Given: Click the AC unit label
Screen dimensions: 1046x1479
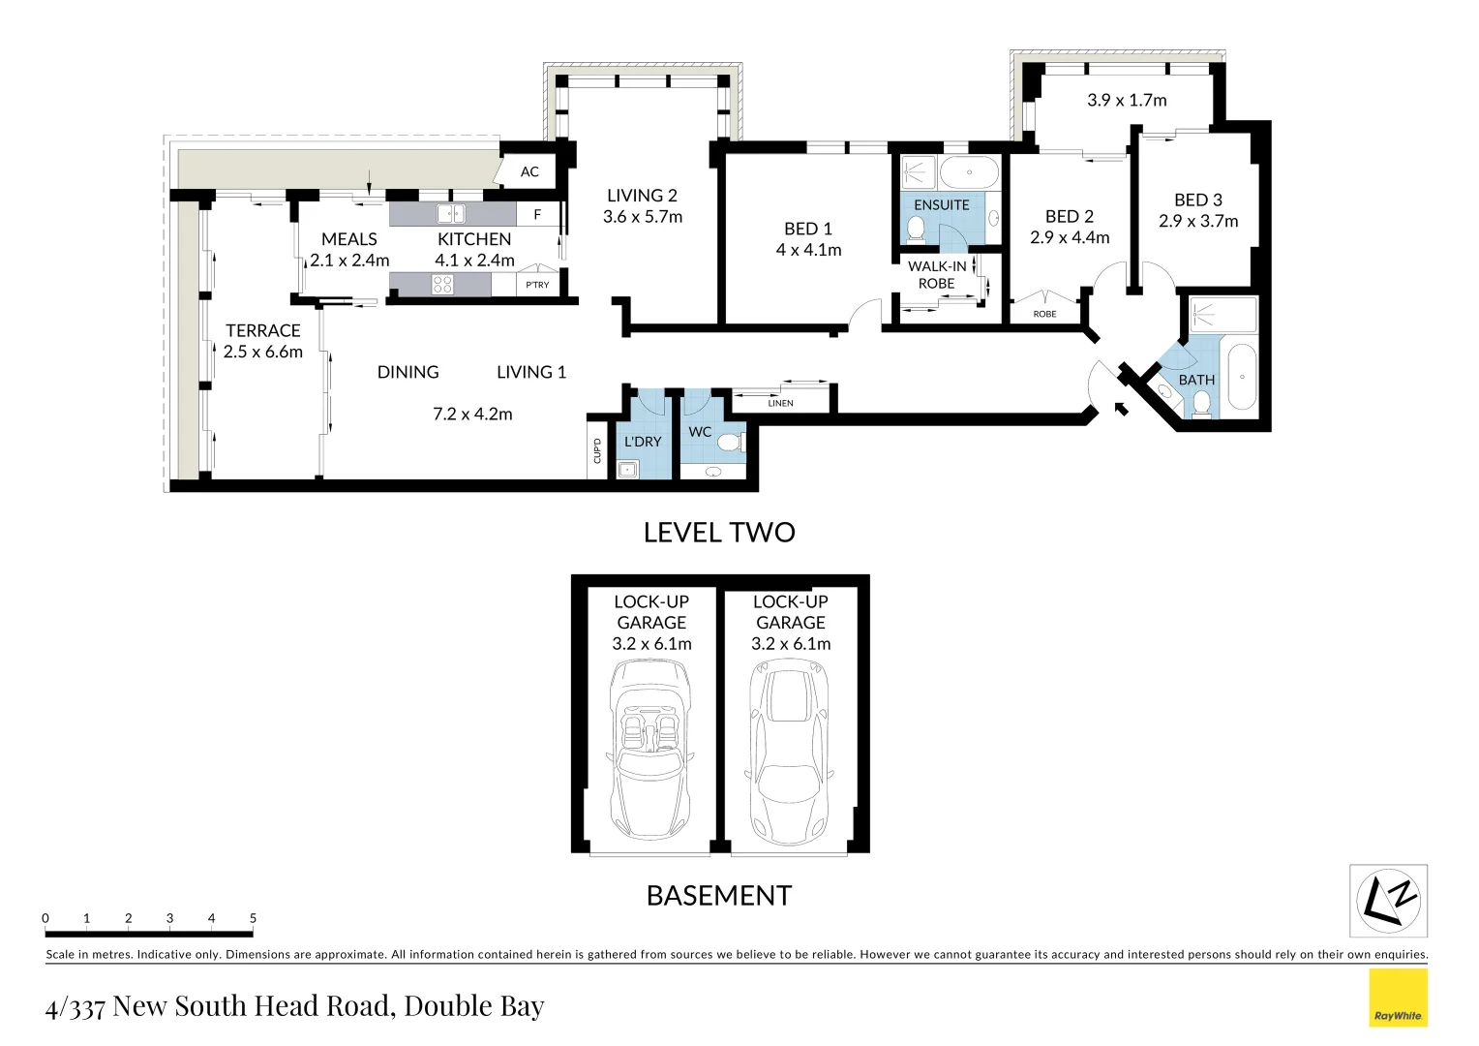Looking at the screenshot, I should (x=529, y=172).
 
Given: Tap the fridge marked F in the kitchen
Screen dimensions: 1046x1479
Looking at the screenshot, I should (x=537, y=215).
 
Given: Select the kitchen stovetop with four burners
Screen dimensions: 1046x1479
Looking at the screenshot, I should (x=442, y=285).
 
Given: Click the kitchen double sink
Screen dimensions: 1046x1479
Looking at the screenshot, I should (x=450, y=214).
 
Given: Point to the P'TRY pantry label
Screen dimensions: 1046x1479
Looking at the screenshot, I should (x=537, y=285).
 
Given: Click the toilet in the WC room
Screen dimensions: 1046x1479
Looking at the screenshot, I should (x=728, y=443).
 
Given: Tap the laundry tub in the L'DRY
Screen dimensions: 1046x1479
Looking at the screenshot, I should (x=627, y=471).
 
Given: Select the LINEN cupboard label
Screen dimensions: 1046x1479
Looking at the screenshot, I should (x=780, y=403).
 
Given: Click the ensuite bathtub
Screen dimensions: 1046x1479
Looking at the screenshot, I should (x=969, y=173).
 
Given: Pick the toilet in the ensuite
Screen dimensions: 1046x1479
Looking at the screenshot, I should (x=916, y=230).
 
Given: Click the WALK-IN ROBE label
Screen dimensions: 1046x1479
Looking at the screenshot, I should (x=936, y=275).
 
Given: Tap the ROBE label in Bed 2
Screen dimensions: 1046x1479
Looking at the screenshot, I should (x=1044, y=314).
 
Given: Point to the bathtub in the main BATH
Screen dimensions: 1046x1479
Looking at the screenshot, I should (x=1242, y=378).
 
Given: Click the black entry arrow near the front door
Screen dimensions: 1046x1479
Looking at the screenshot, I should (x=1121, y=408).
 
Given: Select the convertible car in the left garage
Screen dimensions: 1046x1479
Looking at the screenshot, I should (x=649, y=751).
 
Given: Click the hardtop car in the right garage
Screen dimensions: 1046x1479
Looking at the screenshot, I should (x=790, y=751).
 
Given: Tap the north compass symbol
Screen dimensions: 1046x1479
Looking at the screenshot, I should (x=1388, y=901).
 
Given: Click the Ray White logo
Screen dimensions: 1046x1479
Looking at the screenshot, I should (x=1398, y=998).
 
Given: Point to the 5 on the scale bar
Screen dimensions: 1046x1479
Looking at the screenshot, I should (x=253, y=918).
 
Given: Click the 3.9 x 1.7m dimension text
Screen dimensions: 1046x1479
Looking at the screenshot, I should (x=1127, y=100).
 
